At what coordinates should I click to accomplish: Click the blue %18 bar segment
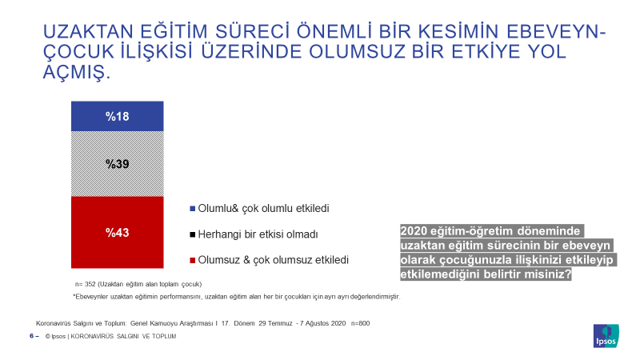(117, 116)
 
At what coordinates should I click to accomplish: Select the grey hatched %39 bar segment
(117, 164)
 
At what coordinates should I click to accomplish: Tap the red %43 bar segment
(117, 232)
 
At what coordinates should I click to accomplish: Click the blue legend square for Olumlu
(193, 209)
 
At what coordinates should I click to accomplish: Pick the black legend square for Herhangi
(193, 234)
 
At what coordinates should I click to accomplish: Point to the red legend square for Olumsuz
(193, 260)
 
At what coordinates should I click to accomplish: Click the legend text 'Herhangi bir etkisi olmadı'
(258, 234)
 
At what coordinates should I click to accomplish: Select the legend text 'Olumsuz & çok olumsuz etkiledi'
(273, 260)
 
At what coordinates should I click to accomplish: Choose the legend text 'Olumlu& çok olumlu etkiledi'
(263, 209)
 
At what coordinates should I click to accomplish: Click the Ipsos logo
(606, 336)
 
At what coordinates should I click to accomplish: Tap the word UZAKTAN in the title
(88, 32)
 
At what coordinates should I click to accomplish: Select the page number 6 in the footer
(32, 336)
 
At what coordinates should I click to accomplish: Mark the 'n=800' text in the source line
(361, 323)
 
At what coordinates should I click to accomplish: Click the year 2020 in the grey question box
(414, 231)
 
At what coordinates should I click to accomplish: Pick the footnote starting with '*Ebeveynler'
(237, 297)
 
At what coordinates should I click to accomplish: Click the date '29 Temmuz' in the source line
(275, 323)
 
